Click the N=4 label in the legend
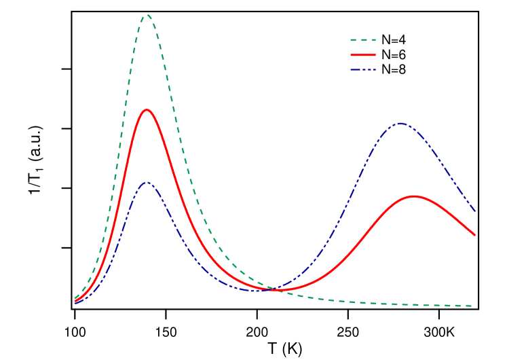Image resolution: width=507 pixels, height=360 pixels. pyautogui.click(x=394, y=40)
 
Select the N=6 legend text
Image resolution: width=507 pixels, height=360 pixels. pyautogui.click(x=394, y=55)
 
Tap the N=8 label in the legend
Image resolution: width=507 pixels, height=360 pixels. pyautogui.click(x=394, y=69)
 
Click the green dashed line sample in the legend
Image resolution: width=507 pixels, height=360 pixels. pyautogui.click(x=363, y=40)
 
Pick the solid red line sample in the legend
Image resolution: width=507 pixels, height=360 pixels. pyautogui.click(x=363, y=54)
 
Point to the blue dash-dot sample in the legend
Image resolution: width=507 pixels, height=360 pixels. pyautogui.click(x=363, y=69)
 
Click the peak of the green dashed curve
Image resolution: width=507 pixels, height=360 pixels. pyautogui.click(x=146, y=14)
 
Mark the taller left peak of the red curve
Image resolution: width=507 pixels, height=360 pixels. pyautogui.click(x=146, y=109)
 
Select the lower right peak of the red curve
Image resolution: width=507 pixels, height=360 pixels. pyautogui.click(x=413, y=196)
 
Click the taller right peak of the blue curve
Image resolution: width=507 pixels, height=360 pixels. pyautogui.click(x=400, y=123)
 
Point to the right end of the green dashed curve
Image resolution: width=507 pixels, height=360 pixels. pyautogui.click(x=472, y=306)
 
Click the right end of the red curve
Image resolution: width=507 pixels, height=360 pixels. pyautogui.click(x=475, y=235)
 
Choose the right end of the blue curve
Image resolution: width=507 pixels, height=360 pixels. pyautogui.click(x=475, y=211)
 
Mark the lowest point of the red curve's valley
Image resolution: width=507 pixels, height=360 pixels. pyautogui.click(x=278, y=291)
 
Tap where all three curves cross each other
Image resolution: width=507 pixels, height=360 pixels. pyautogui.click(x=271, y=289)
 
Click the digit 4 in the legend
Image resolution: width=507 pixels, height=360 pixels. pyautogui.click(x=402, y=40)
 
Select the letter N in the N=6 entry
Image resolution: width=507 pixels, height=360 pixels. pyautogui.click(x=386, y=55)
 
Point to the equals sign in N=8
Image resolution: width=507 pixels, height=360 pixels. pyautogui.click(x=394, y=69)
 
